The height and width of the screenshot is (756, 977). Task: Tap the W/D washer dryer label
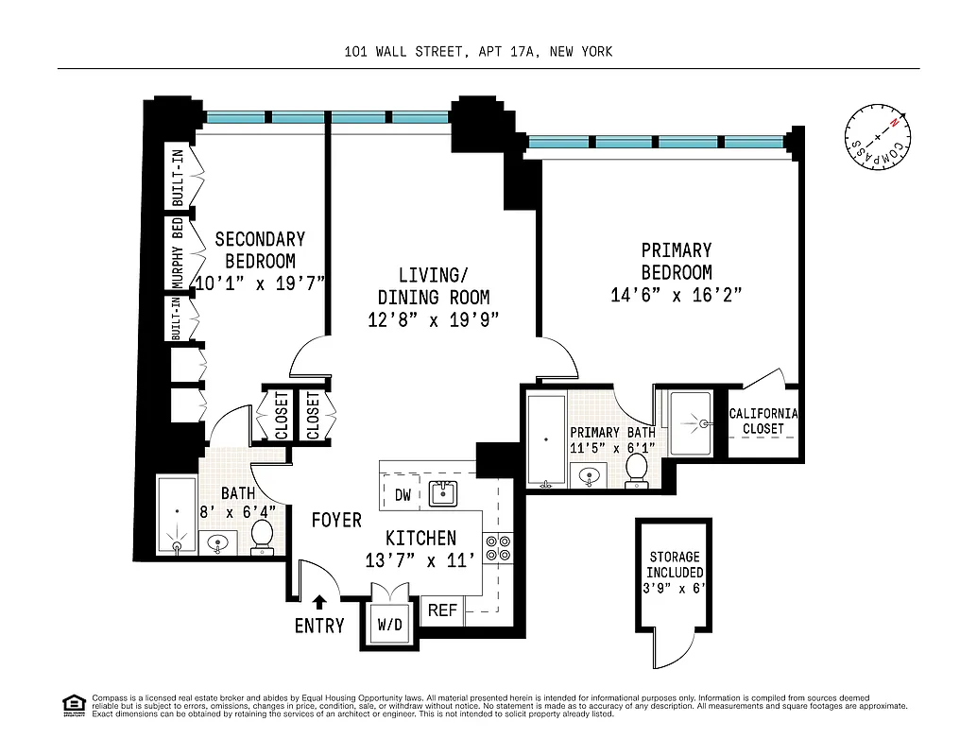coord(389,624)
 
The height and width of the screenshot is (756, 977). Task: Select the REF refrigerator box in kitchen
coord(442,610)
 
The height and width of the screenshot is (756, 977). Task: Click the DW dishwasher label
coord(402,494)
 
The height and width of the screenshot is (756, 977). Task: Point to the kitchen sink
coord(442,492)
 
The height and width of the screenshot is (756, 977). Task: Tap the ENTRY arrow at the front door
coord(319,601)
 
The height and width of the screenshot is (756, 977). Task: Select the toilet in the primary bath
coord(637,469)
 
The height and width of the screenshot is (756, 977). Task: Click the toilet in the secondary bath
coord(262,536)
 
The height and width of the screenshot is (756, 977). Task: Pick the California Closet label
coord(763,421)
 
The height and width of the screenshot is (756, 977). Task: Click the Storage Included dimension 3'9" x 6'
coord(674,588)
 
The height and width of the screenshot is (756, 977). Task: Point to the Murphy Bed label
coord(177,252)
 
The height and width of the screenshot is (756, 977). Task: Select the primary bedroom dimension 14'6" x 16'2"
coord(676,295)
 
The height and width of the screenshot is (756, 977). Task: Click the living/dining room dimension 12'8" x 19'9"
coord(433,319)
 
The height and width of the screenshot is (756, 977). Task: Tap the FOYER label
coord(336,520)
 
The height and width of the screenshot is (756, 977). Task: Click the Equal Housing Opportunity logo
coord(72,704)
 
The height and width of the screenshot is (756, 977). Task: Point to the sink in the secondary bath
coord(219,543)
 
